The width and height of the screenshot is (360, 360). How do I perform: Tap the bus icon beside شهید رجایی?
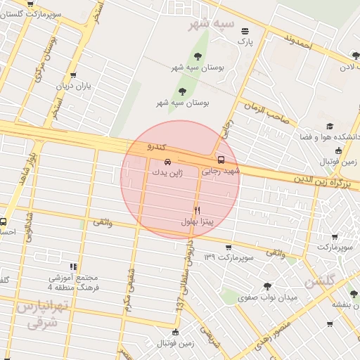[x=221, y=160]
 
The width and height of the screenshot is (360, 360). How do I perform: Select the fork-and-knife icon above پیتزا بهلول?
[x=197, y=210]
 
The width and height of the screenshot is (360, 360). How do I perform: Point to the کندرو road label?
[x=155, y=147]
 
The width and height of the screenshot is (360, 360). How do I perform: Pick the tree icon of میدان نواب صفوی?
[x=266, y=286]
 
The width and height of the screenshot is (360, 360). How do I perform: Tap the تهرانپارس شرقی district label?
[x=42, y=314]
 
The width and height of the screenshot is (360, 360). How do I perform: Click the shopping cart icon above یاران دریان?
[x=74, y=75]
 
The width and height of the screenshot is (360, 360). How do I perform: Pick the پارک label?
[x=244, y=41]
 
